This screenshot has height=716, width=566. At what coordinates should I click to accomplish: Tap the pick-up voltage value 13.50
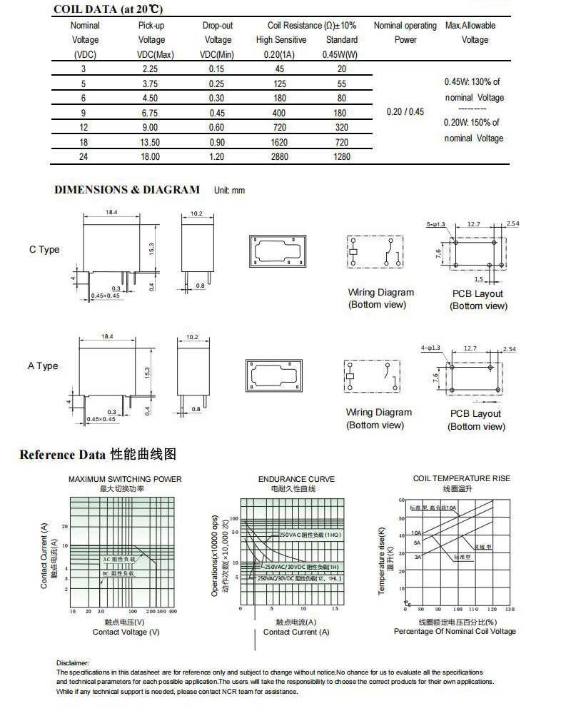click(x=151, y=142)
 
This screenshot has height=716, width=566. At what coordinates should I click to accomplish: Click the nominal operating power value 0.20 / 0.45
click(x=405, y=111)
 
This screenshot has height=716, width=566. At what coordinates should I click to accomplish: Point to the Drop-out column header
click(x=218, y=26)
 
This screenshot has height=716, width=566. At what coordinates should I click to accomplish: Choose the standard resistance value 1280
click(x=341, y=156)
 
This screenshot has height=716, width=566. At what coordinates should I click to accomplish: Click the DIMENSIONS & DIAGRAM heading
click(x=127, y=190)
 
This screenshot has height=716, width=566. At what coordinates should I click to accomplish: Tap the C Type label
click(x=44, y=250)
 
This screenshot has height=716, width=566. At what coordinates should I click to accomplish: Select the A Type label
click(x=43, y=366)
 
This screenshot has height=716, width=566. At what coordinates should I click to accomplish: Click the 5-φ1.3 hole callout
click(x=435, y=224)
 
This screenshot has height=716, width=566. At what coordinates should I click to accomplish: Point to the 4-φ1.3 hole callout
click(x=431, y=347)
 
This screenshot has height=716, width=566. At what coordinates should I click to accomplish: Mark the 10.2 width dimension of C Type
click(x=196, y=213)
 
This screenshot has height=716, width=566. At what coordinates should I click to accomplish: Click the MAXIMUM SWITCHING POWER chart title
click(x=125, y=479)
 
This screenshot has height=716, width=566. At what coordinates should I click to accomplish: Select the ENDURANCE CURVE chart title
click(x=296, y=479)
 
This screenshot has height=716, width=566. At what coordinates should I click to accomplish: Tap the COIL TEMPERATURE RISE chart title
click(x=462, y=478)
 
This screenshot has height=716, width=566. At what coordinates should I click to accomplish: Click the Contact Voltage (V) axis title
click(x=126, y=632)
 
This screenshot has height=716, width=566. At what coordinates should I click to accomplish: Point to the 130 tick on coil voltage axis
click(x=509, y=609)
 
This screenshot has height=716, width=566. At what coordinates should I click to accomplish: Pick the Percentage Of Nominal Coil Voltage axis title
click(x=455, y=631)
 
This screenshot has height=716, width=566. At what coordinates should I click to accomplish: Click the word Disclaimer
click(x=73, y=663)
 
